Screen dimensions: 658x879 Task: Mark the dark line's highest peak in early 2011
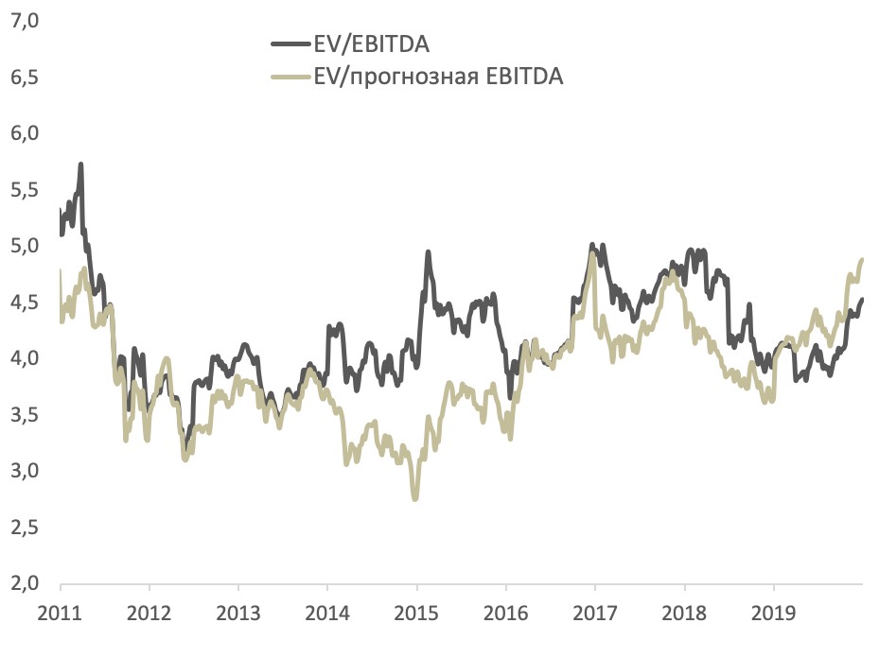(x=81, y=164)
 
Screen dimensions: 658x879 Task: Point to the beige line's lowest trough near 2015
(x=414, y=497)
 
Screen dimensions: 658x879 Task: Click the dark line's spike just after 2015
(x=428, y=252)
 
